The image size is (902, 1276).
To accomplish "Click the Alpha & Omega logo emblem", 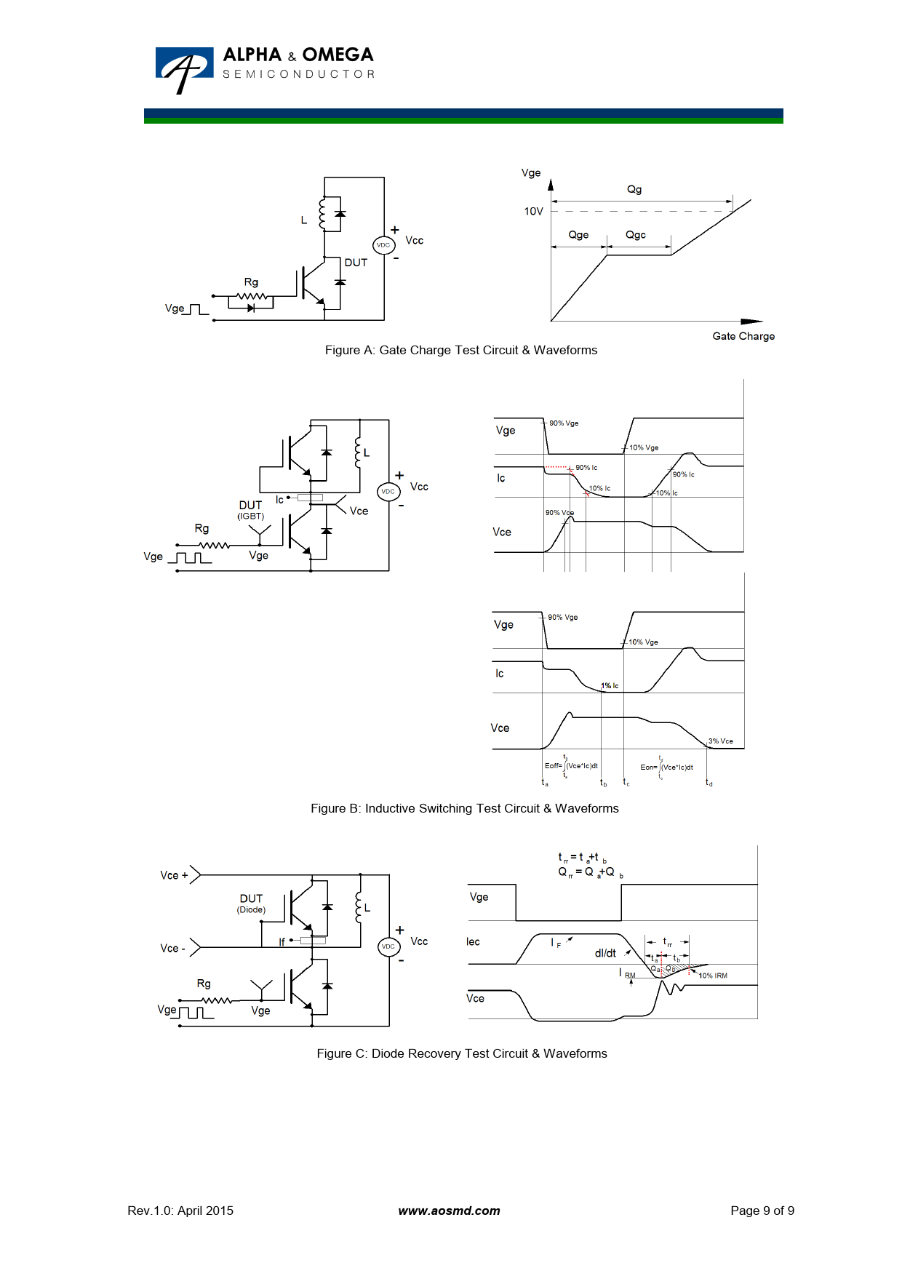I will click(184, 69).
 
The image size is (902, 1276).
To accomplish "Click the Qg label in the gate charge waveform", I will click(634, 189).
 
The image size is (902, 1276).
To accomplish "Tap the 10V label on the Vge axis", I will click(533, 211).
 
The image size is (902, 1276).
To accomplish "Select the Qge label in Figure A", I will click(578, 235).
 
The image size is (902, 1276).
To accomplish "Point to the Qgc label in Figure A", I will click(635, 235).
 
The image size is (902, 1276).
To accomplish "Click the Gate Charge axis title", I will click(743, 336).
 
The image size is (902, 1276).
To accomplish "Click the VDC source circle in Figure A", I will click(383, 245).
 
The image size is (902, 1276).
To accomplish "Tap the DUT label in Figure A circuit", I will click(356, 263).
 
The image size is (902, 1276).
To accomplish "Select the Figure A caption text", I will click(461, 350).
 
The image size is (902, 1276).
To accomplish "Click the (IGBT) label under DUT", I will click(250, 517).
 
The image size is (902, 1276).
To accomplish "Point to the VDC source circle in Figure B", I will click(388, 492).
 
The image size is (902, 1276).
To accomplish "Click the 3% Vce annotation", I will click(721, 741).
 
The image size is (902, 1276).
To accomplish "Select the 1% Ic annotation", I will click(610, 686).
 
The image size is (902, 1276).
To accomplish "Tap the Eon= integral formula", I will click(666, 767).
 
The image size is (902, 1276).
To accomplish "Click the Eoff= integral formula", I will click(571, 766).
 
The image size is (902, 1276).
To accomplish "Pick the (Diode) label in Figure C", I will click(251, 910).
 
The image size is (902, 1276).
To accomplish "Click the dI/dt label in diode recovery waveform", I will click(605, 953).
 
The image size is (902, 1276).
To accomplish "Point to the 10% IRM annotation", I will click(713, 976).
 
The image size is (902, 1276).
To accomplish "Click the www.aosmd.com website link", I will click(449, 1211).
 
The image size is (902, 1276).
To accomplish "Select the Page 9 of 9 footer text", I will click(762, 1211).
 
